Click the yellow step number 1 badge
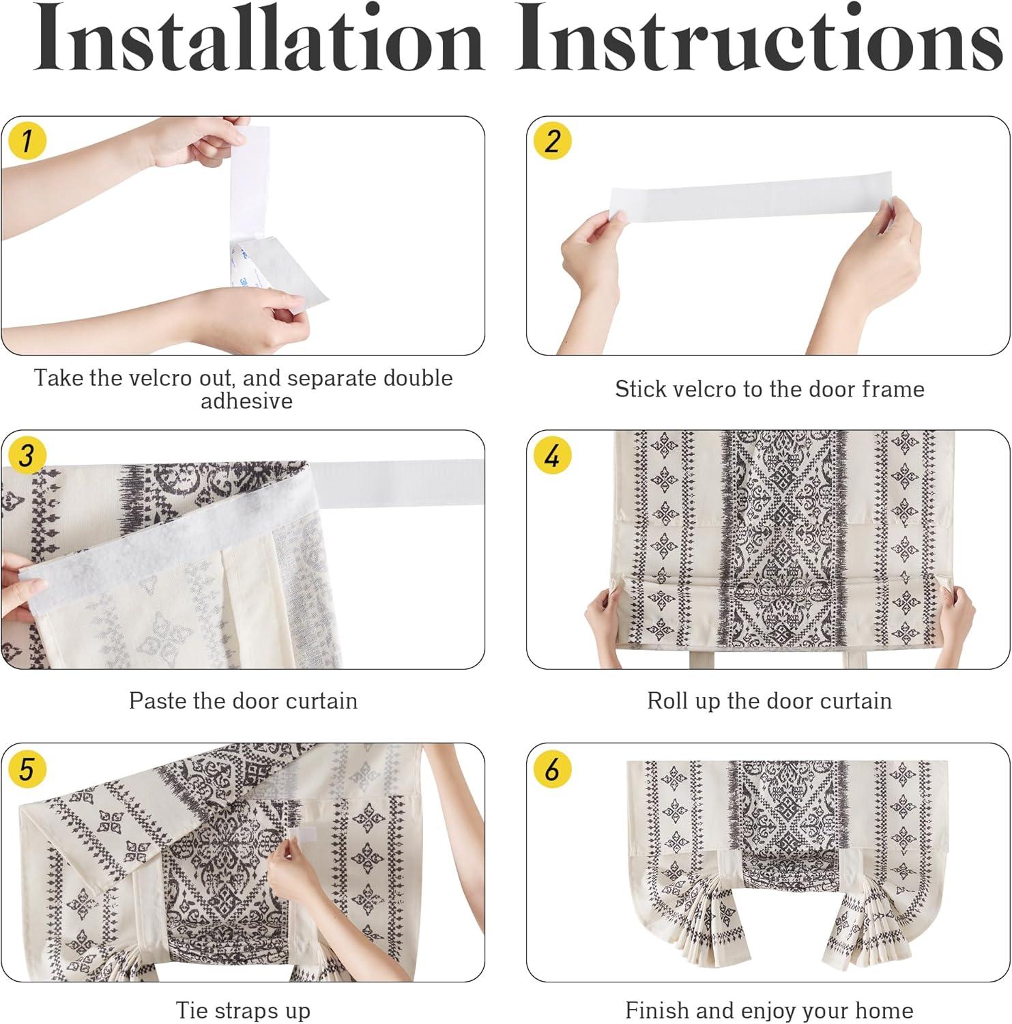pyautogui.click(x=26, y=141)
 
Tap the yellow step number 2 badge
pyautogui.click(x=552, y=141)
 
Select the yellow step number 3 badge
pyautogui.click(x=26, y=455)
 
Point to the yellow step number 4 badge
pyautogui.click(x=552, y=455)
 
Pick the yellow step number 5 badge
pyautogui.click(x=26, y=769)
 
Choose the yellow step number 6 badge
pyautogui.click(x=552, y=769)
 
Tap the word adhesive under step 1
pyautogui.click(x=246, y=401)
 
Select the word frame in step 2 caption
pyautogui.click(x=893, y=389)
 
